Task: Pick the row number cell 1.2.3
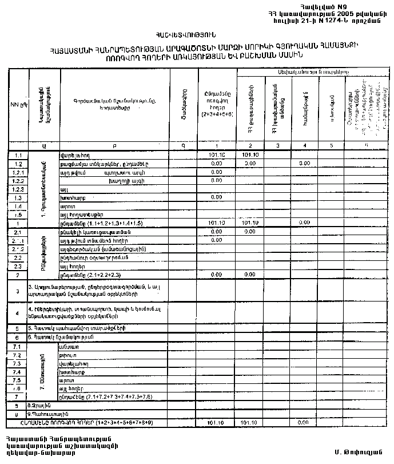tap(18, 188)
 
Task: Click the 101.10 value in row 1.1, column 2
tap(250, 154)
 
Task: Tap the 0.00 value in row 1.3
tap(216, 197)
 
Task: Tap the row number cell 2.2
tap(18, 257)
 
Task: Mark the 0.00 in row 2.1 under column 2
tap(249, 232)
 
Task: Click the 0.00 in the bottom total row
tap(304, 422)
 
